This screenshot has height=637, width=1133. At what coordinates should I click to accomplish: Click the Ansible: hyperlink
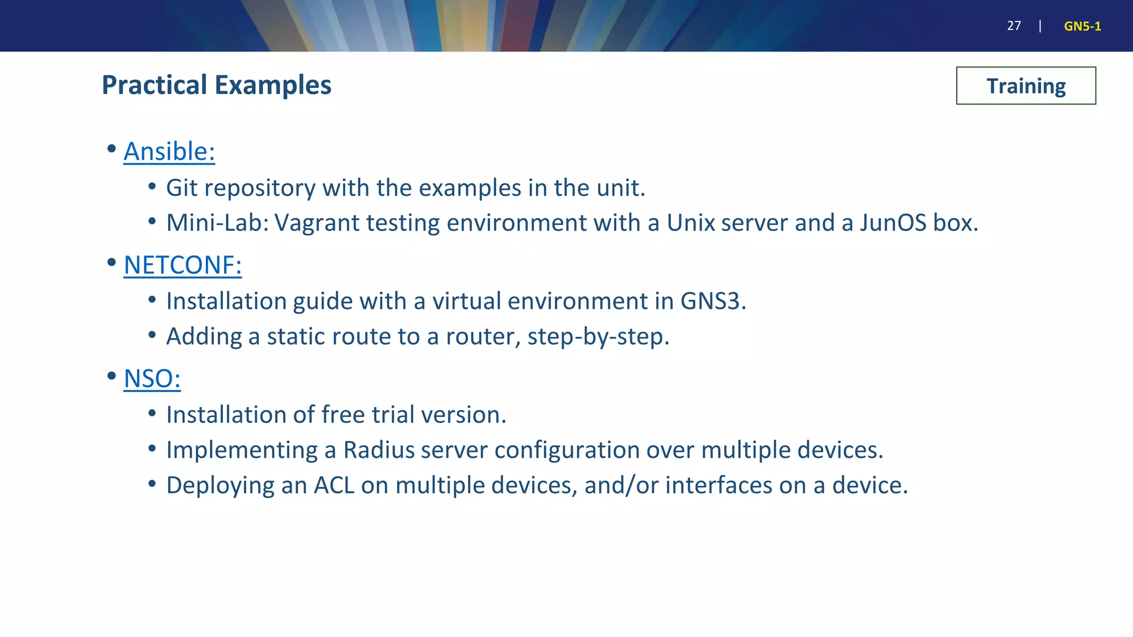tap(169, 152)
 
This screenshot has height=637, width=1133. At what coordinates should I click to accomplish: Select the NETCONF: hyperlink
tap(183, 265)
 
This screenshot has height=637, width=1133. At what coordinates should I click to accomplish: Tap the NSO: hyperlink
tap(152, 379)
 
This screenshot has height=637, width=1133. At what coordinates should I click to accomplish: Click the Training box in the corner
tap(1026, 86)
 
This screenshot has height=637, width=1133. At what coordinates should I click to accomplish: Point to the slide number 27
tap(1014, 26)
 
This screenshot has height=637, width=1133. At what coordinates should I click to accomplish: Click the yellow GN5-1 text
tap(1082, 27)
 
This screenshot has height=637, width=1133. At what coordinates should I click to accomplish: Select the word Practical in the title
tap(154, 85)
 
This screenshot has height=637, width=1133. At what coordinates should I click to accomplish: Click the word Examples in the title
tap(273, 85)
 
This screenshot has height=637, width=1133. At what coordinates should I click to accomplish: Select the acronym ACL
tap(334, 485)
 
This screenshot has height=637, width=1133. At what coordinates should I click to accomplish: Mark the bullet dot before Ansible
tap(112, 149)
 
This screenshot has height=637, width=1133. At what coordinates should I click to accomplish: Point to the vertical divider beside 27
tap(1040, 26)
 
